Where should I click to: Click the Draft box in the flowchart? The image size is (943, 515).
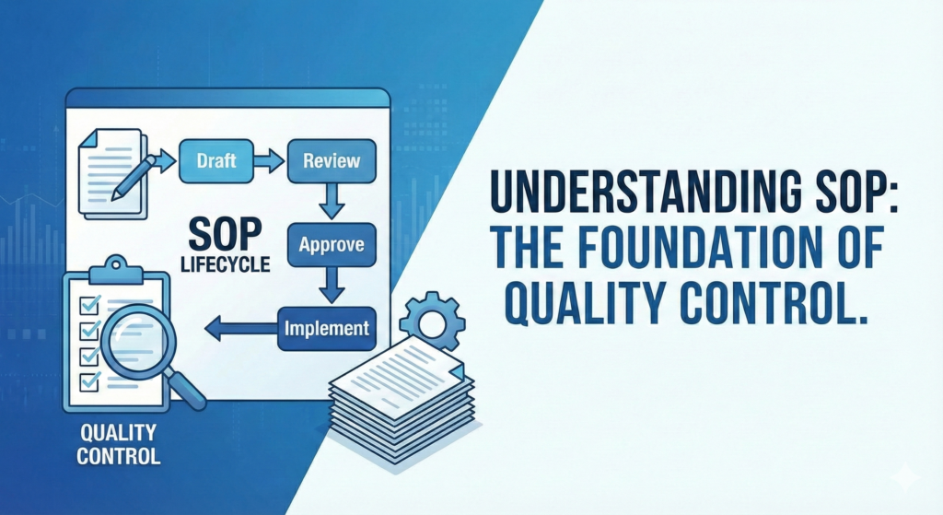(216, 161)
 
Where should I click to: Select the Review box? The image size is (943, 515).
(332, 161)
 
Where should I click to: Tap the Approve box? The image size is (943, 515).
(332, 245)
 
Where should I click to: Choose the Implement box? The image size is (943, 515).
(327, 329)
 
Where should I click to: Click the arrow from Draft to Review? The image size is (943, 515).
(270, 161)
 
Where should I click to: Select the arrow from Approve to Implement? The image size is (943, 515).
(332, 286)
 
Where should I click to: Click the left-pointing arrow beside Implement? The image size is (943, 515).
(240, 329)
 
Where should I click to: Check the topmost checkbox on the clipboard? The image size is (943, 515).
(90, 304)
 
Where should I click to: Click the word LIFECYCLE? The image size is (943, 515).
(226, 264)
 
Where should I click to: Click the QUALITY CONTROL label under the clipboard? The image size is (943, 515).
(119, 444)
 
